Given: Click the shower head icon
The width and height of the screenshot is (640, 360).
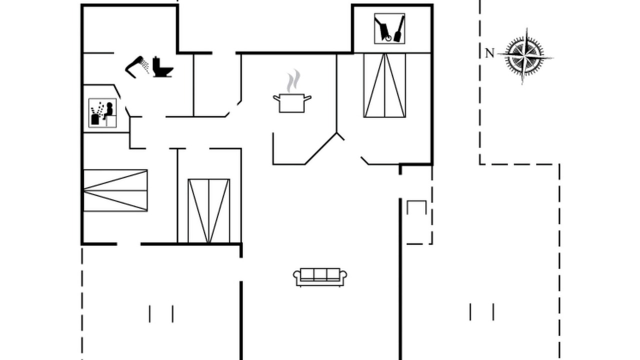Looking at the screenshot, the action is click(136, 67).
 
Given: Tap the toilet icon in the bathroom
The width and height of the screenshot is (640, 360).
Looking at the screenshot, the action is click(162, 67).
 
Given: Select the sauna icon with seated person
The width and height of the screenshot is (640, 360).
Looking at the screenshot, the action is click(102, 113).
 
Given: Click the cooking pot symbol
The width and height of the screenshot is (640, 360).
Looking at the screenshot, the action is click(292, 103).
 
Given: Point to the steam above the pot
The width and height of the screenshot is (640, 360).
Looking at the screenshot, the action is click(293, 81).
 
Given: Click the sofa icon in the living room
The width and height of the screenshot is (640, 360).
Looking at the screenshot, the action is click(320, 277).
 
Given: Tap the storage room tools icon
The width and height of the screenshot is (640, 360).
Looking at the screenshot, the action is click(389, 28).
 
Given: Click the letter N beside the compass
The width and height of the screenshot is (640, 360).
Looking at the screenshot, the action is click(489, 53).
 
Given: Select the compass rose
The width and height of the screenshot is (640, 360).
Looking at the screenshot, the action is click(525, 56).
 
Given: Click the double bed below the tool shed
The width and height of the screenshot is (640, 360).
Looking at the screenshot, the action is click(384, 85).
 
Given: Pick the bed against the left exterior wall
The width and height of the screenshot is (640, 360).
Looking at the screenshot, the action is click(115, 190).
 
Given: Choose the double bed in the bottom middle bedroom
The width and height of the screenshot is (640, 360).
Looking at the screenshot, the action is click(209, 211).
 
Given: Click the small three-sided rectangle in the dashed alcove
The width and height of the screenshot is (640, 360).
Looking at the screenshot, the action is click(416, 207).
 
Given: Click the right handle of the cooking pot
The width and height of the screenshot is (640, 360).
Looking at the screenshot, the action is click(307, 98).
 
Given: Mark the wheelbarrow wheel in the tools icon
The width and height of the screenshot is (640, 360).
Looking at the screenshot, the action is click(388, 38).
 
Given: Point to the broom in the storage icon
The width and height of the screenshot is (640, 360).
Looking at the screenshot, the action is click(399, 28).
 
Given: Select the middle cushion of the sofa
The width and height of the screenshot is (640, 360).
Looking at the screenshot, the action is click(320, 274).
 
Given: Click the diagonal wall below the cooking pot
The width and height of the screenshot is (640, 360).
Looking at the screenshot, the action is click(321, 148).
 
